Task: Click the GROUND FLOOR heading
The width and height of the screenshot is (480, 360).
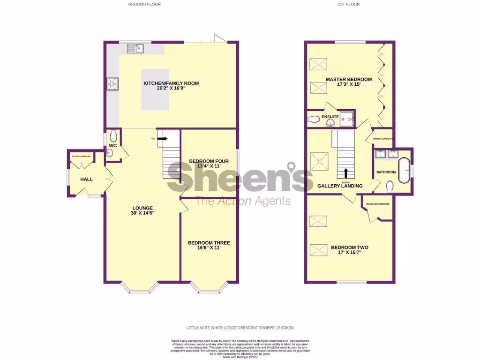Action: [144, 4]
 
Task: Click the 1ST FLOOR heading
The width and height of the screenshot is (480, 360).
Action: [349, 4]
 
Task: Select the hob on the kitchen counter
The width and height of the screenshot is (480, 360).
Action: [113, 83]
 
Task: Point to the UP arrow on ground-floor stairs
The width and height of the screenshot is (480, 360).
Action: [162, 138]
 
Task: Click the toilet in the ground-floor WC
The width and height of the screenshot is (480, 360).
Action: [113, 136]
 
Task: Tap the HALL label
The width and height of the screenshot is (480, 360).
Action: [86, 180]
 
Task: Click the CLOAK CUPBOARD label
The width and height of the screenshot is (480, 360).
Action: [81, 156]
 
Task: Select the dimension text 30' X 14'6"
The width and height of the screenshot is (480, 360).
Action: [142, 213]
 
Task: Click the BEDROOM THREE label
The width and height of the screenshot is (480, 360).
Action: [209, 243]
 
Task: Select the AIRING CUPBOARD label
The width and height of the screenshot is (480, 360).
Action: [383, 139]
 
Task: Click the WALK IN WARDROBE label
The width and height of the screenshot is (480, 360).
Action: [378, 204]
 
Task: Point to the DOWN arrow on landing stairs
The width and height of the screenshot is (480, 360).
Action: [346, 173]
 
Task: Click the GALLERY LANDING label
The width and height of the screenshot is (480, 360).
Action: [340, 186]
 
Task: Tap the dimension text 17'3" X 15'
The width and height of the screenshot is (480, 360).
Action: [349, 85]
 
